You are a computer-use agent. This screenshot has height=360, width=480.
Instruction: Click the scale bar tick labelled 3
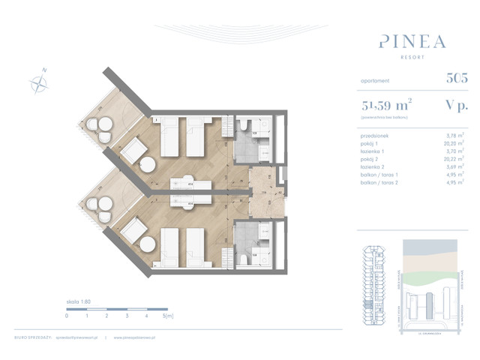coord(127,316)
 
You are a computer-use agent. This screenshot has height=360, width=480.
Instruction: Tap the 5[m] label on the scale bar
coord(169,316)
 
